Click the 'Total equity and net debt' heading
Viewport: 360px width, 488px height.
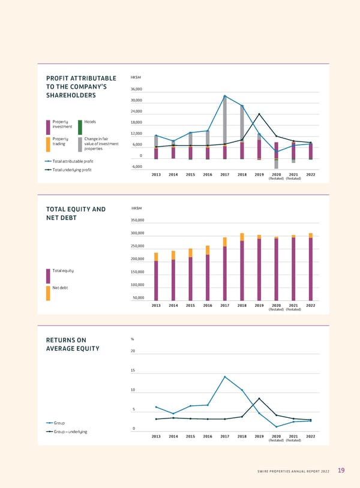(x=76, y=213)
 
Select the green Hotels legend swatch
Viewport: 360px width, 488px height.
(x=80, y=127)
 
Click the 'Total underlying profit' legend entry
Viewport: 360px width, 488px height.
(x=68, y=170)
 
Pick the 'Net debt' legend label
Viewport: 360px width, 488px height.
(x=60, y=288)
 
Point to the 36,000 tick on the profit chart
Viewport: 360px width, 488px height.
(x=137, y=89)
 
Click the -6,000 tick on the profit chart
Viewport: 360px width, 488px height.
(x=137, y=167)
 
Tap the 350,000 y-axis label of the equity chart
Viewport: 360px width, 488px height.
(x=137, y=220)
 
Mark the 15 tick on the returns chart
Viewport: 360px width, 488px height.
(x=133, y=370)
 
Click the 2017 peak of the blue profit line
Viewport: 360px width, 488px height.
(x=225, y=96)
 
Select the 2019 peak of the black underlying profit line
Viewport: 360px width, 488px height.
(x=259, y=114)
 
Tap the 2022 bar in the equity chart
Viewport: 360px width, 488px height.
(x=311, y=267)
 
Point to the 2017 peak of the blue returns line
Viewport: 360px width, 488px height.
(x=225, y=376)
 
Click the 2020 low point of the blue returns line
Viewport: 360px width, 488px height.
(x=277, y=427)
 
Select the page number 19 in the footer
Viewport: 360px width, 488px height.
(x=341, y=471)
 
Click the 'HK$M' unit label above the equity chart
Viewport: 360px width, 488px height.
(x=136, y=208)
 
